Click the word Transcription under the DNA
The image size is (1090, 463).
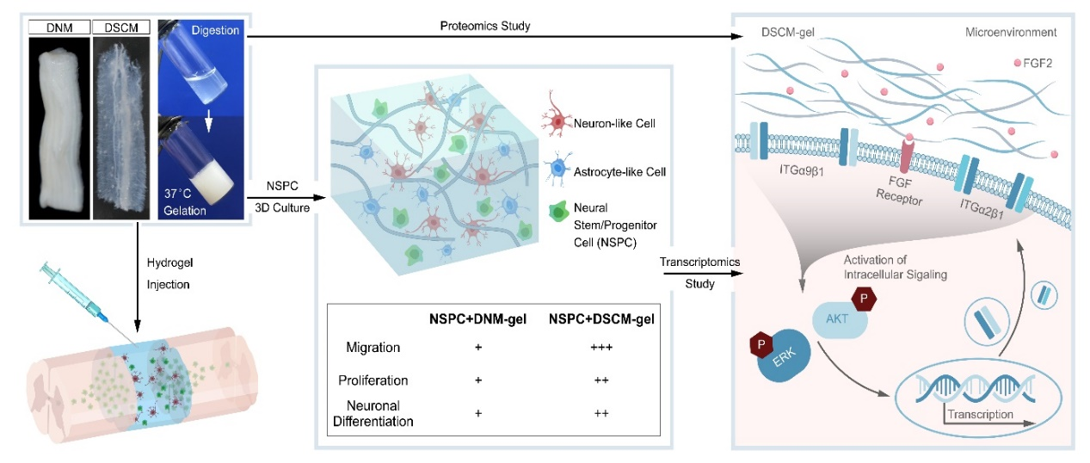click(979, 414)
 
